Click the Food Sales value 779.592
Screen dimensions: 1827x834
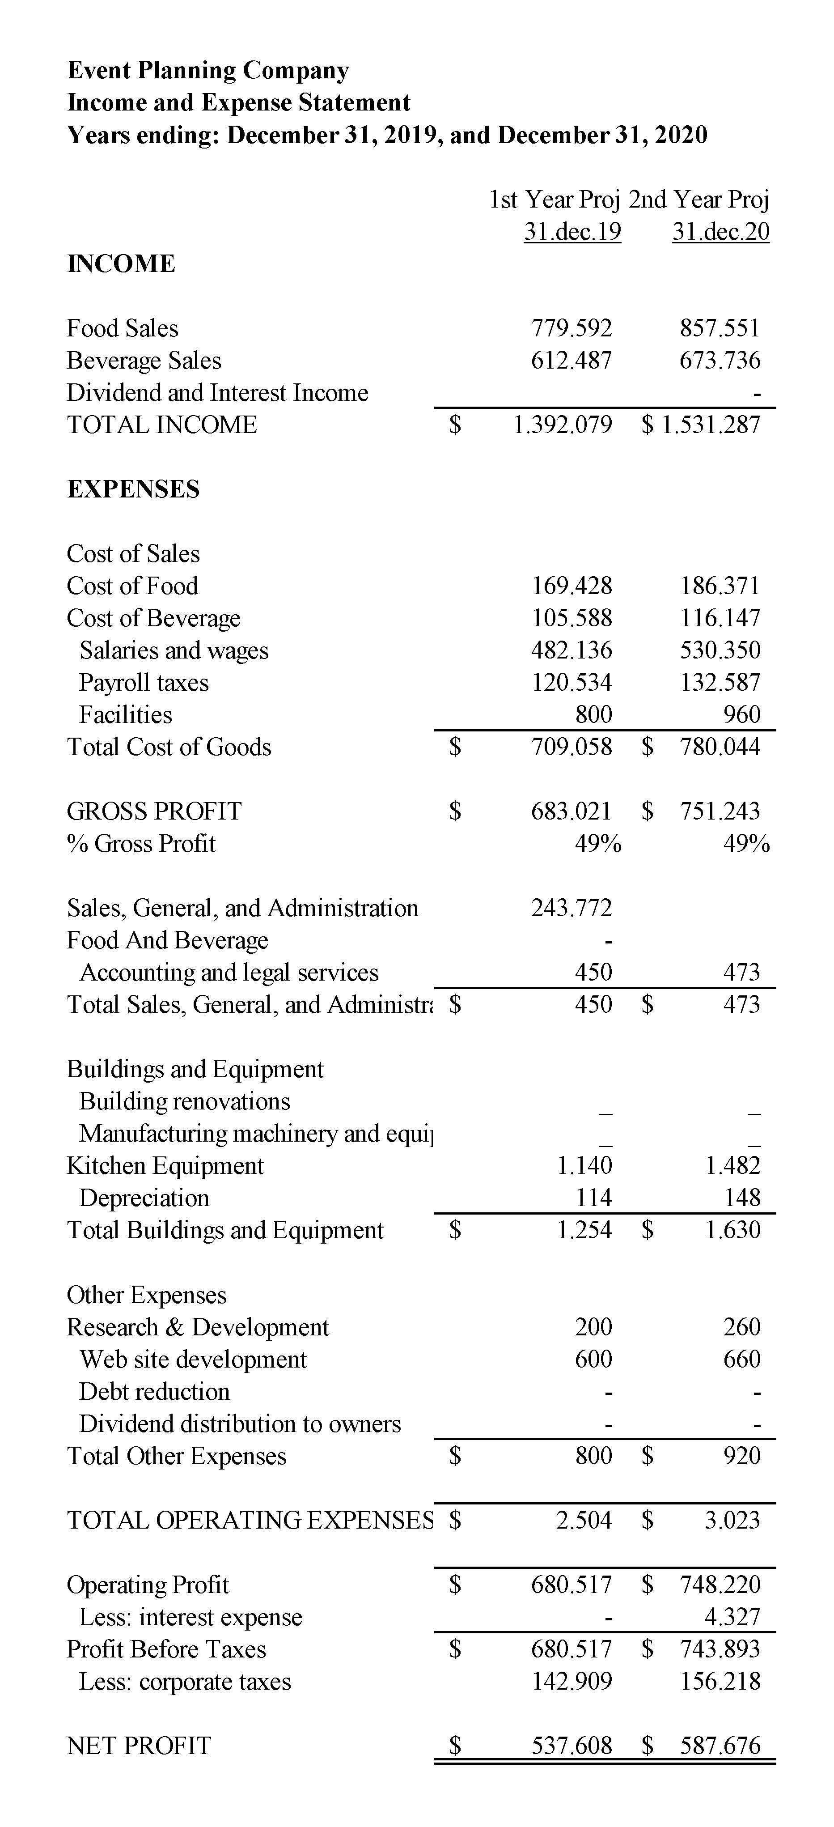coord(571,328)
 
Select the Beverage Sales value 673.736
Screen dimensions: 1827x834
coord(720,360)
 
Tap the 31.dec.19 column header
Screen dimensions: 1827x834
coord(572,231)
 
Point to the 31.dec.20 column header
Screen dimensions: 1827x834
coord(720,231)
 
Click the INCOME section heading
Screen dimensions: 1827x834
coord(121,264)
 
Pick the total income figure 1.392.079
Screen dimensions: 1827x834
coord(563,425)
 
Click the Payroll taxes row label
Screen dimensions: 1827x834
coord(144,682)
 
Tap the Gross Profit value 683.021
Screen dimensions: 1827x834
coord(571,811)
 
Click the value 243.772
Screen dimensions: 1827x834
coord(571,908)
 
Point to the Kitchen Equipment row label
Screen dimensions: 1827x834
coord(165,1165)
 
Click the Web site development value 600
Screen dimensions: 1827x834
coord(593,1359)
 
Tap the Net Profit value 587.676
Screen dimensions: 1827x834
coord(720,1746)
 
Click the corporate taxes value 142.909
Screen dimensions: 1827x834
coord(572,1681)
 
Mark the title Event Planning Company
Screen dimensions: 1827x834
coord(208,70)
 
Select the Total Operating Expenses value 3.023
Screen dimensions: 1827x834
coord(732,1520)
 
